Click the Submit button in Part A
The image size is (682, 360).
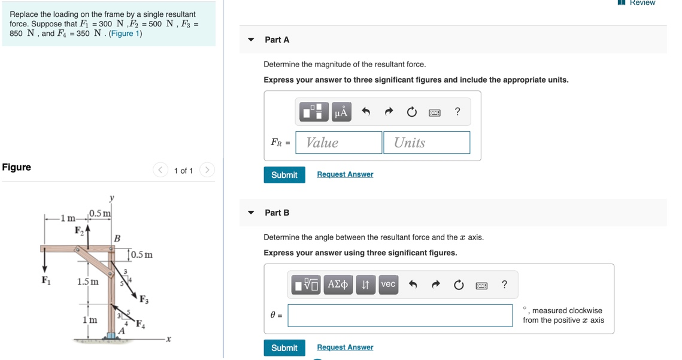pos(284,175)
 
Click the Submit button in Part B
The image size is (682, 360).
pos(284,348)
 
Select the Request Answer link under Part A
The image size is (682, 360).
pos(345,174)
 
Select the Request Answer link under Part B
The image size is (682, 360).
pos(345,347)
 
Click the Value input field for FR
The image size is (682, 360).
pos(339,143)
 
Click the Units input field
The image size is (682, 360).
pos(426,143)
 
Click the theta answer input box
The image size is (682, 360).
pos(400,316)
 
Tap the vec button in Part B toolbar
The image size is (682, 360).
pos(388,285)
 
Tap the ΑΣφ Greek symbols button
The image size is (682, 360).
pos(338,285)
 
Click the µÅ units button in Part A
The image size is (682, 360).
pos(341,112)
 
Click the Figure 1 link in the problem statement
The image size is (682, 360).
pos(125,34)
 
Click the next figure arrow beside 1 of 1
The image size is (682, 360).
pos(207,170)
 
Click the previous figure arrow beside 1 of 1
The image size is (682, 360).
pos(160,170)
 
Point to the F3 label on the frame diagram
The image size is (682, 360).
pos(144,300)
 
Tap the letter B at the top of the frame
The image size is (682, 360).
pos(117,238)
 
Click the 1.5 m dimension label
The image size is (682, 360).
pos(88,282)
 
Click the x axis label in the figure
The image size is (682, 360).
pos(168,340)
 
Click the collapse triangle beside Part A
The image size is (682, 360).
pos(251,40)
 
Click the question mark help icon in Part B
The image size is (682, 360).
pos(504,285)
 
